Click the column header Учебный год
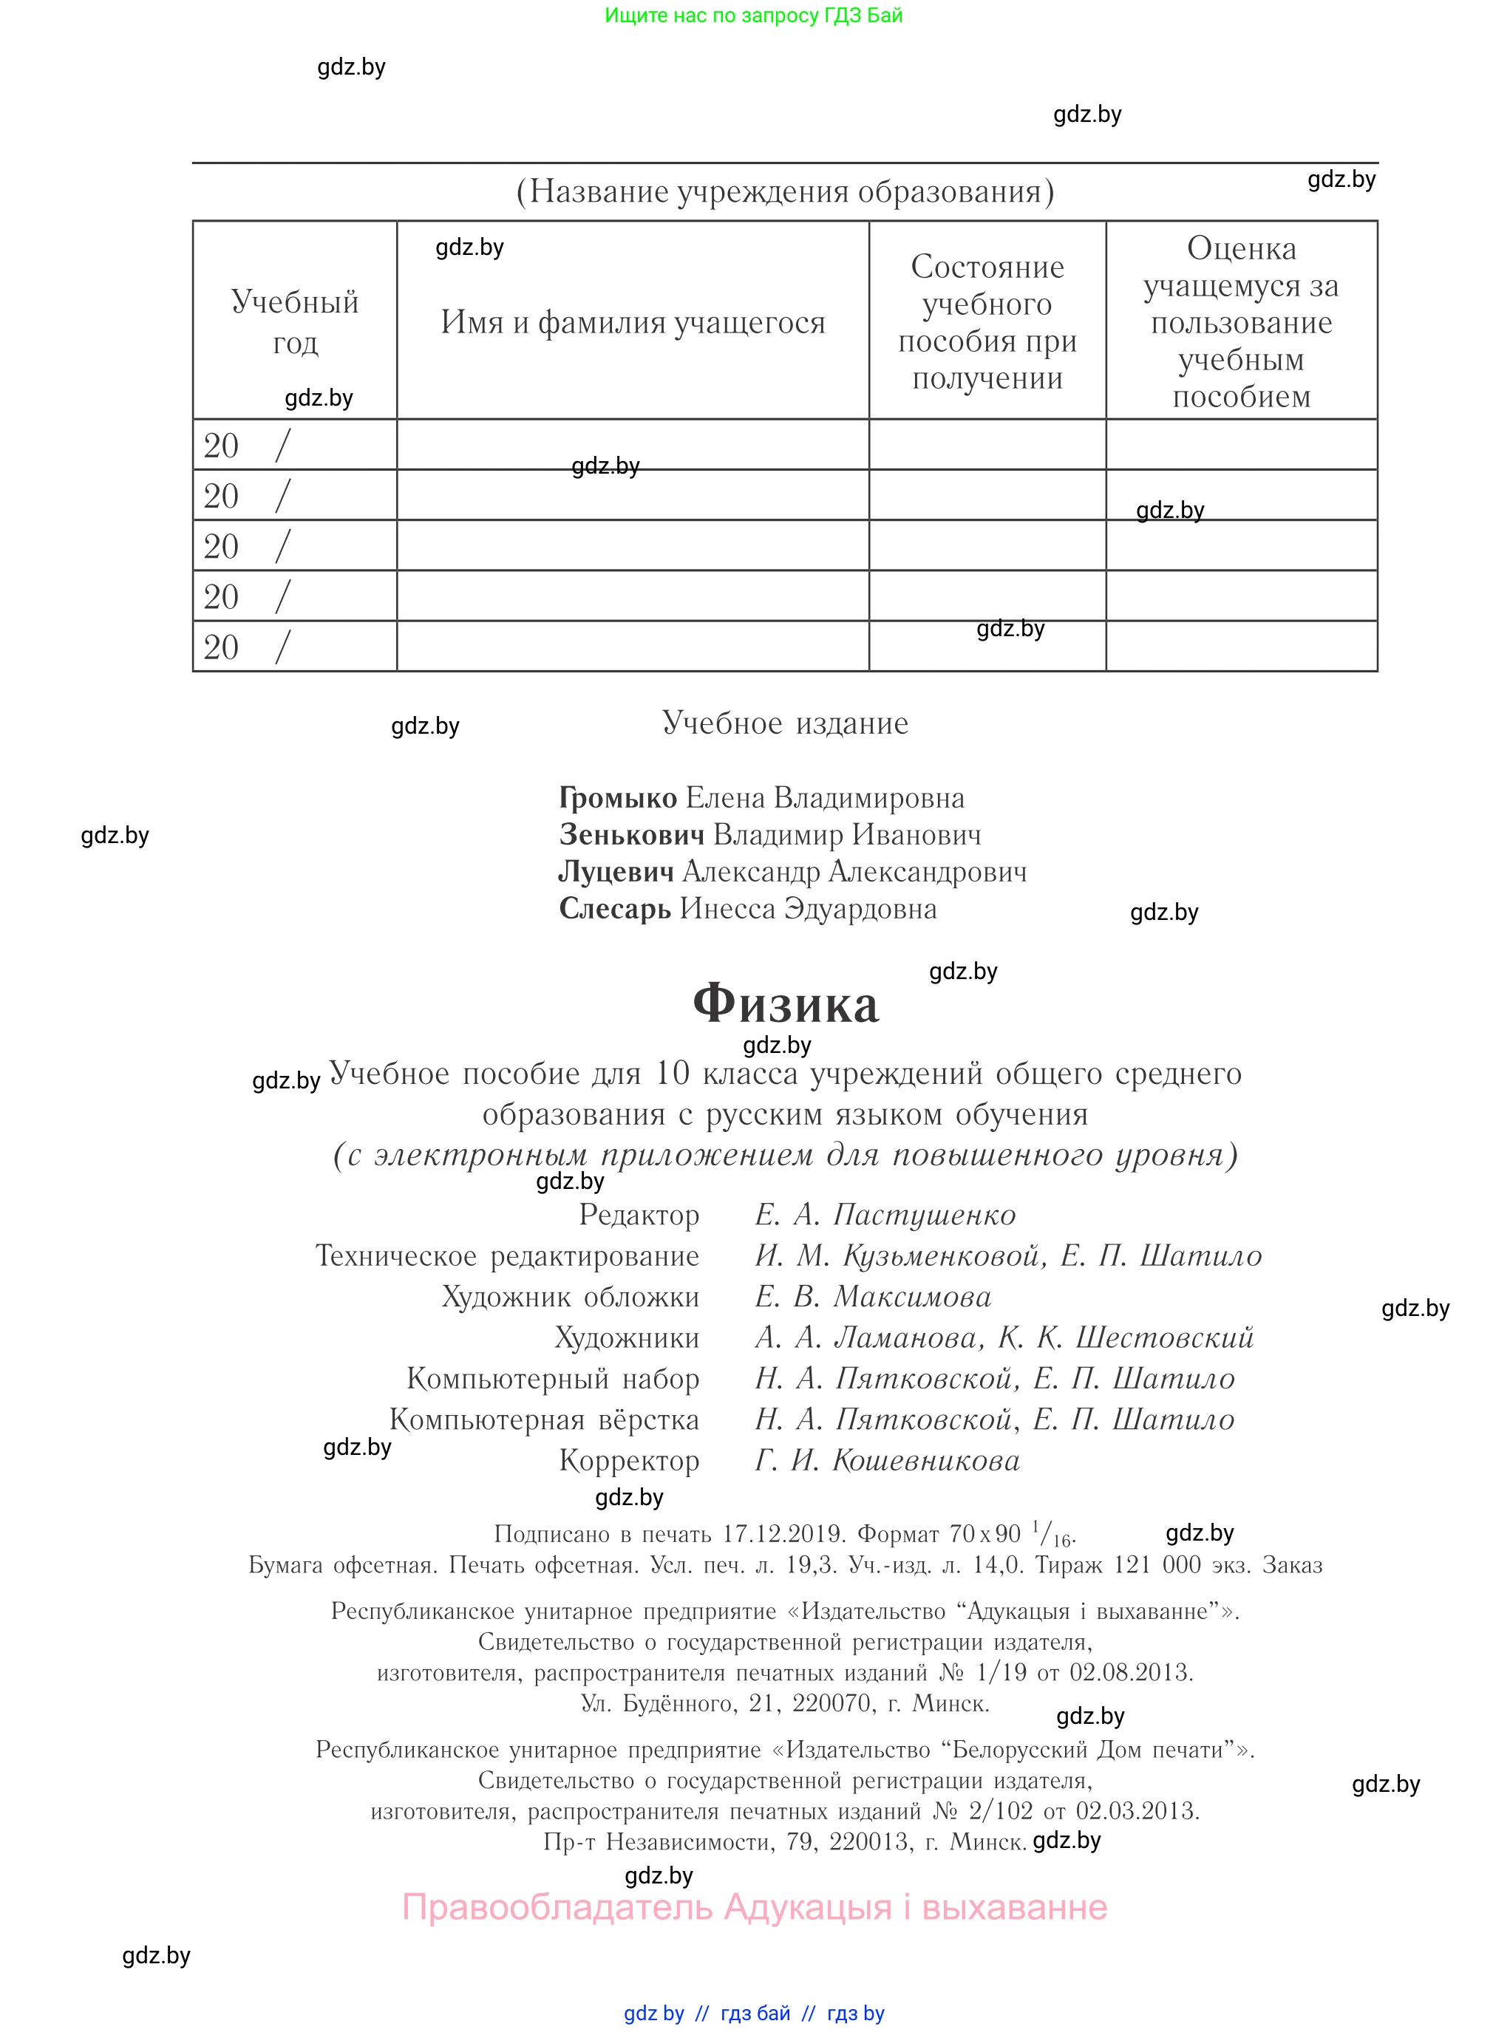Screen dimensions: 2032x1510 pos(294,321)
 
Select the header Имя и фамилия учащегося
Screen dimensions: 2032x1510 pos(633,321)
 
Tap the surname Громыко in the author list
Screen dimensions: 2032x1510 pos(618,797)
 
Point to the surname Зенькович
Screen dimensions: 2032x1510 pos(632,834)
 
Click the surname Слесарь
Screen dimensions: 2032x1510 pos(615,908)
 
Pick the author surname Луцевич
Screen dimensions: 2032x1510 pos(616,872)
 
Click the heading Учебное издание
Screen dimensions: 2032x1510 pos(785,723)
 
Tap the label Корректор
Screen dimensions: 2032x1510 pos(629,1460)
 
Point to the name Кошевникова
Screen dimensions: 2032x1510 pos(926,1460)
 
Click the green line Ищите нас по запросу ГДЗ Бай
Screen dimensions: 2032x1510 pos(753,16)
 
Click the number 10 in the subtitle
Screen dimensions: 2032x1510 pos(672,1073)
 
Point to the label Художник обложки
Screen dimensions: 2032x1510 pos(571,1297)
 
